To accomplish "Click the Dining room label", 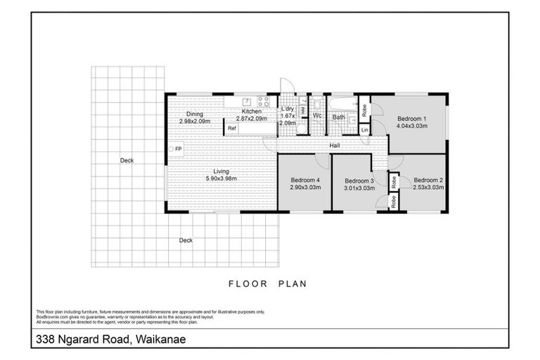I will tap(195, 114).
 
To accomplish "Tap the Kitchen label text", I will tap(251, 112).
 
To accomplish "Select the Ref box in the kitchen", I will tap(231, 129).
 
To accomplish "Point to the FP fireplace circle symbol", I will tap(171, 149).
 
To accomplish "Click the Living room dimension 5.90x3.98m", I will tap(222, 178).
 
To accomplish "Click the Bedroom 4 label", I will tap(305, 180).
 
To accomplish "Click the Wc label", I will tap(317, 116).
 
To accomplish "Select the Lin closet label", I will tap(364, 130).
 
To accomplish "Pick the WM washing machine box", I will tap(303, 110).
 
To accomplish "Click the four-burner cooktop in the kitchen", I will tap(263, 101).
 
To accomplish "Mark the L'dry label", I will tap(287, 109).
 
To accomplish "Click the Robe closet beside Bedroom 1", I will tap(364, 109).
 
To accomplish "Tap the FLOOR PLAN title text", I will tap(269, 285).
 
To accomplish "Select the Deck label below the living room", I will tap(186, 240).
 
